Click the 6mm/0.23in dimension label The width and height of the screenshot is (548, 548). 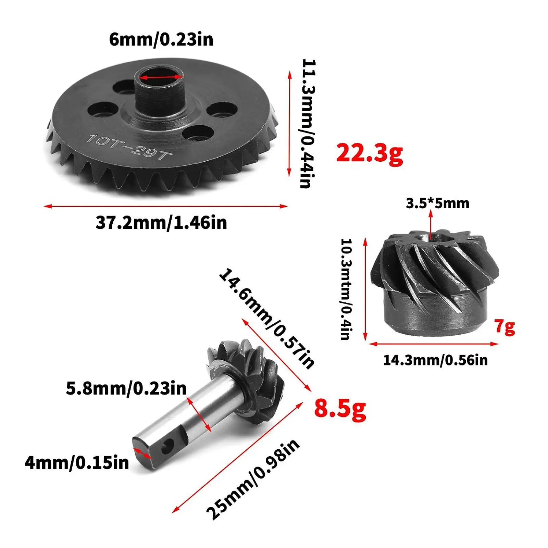pos(161,39)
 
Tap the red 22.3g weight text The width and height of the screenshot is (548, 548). pos(370,153)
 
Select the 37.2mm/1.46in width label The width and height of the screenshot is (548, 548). pos(161,223)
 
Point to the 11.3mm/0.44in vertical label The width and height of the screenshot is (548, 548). pos(308,123)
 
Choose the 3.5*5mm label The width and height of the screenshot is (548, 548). pos(437,203)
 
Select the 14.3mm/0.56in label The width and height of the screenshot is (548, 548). pos(435,360)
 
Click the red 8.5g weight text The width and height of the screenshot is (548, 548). pos(340,408)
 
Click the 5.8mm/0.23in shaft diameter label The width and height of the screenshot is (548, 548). pos(126,388)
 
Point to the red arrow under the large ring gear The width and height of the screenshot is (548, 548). pos(166,206)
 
